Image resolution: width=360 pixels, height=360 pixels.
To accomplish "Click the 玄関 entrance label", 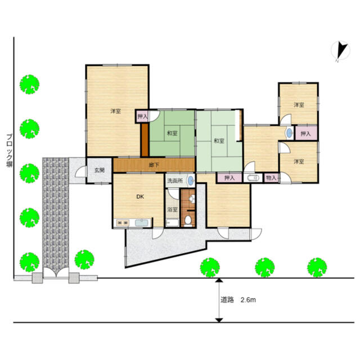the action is tap(100, 170).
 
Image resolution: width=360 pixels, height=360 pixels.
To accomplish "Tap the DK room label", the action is tap(140, 196).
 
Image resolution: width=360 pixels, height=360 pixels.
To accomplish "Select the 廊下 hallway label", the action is tap(154, 165).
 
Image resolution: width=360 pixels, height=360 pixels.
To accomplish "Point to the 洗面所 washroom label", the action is tap(175, 181).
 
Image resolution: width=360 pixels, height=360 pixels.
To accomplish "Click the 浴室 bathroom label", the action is tap(172, 209).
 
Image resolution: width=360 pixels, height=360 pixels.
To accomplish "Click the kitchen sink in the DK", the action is tap(142, 223).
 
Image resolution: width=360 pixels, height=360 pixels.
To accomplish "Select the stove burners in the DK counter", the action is tap(123, 223).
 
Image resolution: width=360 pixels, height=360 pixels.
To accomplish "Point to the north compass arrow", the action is tap(341, 51).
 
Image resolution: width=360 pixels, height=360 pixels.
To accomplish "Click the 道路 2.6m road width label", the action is tap(238, 300).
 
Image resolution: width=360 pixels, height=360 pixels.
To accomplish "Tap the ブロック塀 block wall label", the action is tap(9, 151).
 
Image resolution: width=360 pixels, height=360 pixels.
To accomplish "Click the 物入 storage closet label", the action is tap(271, 178).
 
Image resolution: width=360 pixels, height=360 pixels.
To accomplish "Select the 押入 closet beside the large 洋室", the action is tap(142, 116).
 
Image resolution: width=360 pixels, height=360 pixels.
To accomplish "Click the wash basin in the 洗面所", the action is tap(191, 181).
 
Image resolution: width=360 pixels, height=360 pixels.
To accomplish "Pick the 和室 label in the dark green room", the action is tap(172, 133).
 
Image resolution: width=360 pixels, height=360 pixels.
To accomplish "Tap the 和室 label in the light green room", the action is tap(219, 141).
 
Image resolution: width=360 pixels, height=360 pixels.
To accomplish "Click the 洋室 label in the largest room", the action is tap(115, 111).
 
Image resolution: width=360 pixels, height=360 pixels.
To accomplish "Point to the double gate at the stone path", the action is tap(56, 273).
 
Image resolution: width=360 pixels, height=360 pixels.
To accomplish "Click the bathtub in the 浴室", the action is tap(172, 223).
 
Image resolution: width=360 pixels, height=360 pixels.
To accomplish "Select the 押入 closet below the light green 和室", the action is tap(229, 178).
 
